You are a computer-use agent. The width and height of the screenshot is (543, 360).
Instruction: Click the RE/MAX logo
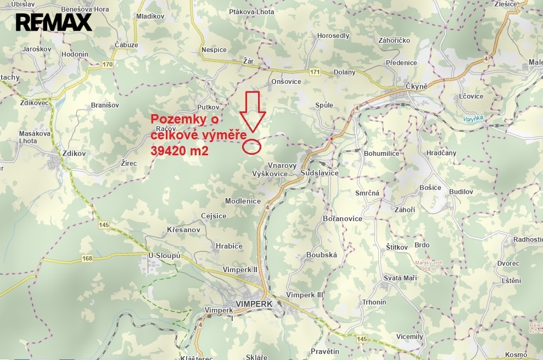pyautogui.click(x=53, y=22)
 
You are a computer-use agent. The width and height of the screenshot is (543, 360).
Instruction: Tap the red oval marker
pyautogui.click(x=251, y=146)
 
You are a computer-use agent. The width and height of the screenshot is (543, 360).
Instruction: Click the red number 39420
pyautogui.click(x=171, y=151)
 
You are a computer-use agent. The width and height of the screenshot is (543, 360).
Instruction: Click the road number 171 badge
pyautogui.click(x=314, y=72)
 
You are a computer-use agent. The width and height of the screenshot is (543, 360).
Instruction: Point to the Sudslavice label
pyautogui.click(x=320, y=173)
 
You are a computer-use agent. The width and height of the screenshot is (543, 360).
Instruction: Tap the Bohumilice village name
pyautogui.click(x=382, y=154)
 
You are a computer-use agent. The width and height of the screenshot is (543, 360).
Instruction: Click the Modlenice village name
pyautogui.click(x=243, y=201)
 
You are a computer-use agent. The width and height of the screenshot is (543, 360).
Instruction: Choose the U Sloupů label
pyautogui.click(x=165, y=256)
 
